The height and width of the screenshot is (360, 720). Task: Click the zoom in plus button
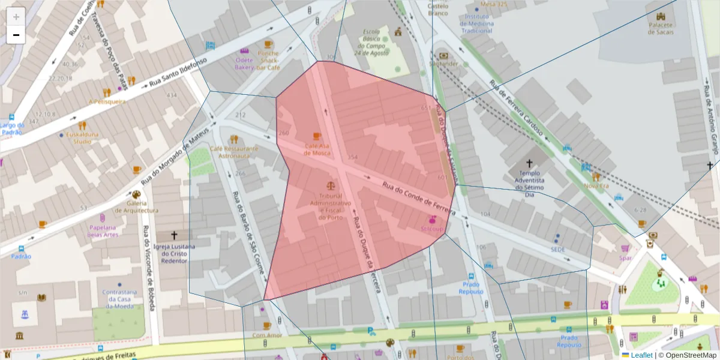[x=16, y=17]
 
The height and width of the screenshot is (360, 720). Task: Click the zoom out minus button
[x=16, y=35]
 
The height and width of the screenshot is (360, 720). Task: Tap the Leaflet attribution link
[x=641, y=355]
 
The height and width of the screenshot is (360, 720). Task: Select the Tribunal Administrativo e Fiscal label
[x=330, y=206]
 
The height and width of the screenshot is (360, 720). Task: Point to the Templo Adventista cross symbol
[x=529, y=163]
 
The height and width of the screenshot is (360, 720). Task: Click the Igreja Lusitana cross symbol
[x=175, y=236]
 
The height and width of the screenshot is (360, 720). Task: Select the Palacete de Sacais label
[x=661, y=28]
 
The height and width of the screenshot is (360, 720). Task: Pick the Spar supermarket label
[x=625, y=258]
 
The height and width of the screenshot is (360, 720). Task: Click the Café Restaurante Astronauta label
[x=234, y=152]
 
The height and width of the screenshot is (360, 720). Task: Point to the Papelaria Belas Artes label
[x=101, y=231]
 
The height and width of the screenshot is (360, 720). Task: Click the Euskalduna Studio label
[x=83, y=138]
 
